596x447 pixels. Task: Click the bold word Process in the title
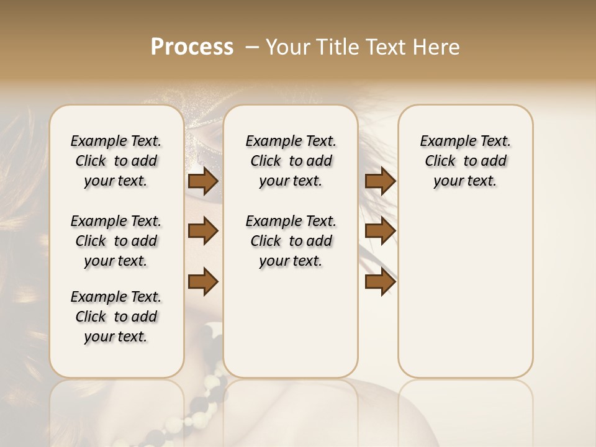(x=192, y=47)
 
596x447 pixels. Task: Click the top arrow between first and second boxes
(x=203, y=181)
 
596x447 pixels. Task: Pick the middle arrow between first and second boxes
(x=203, y=231)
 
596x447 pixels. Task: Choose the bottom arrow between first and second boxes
(x=203, y=281)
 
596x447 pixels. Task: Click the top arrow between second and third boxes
(x=380, y=181)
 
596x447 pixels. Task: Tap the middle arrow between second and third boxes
(x=380, y=231)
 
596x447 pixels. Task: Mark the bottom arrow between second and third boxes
(x=380, y=281)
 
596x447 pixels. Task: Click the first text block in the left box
(x=116, y=161)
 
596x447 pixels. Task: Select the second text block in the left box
(x=116, y=241)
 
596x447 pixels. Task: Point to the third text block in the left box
(x=116, y=317)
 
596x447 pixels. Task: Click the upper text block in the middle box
(x=291, y=161)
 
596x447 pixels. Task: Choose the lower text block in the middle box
(x=291, y=241)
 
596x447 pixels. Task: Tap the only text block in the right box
(x=465, y=161)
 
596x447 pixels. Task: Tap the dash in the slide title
(x=253, y=47)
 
